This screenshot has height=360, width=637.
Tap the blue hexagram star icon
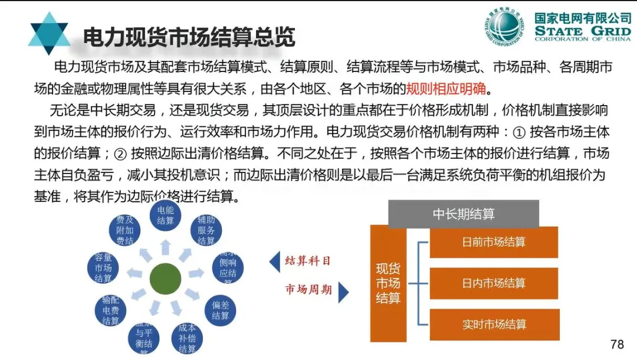pos(48,34)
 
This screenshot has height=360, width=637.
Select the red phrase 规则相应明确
pos(446,89)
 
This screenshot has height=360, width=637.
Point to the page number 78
pos(617,344)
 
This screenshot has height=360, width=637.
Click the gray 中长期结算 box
pos(464,214)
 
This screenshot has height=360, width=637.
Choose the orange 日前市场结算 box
pos(494,242)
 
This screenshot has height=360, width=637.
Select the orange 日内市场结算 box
pos(494,283)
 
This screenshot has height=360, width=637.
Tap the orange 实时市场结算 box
pos(494,325)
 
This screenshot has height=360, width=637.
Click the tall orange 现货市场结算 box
pos(388,283)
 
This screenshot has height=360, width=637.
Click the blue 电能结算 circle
pos(166,216)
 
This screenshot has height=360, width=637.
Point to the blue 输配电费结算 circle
pos(110,310)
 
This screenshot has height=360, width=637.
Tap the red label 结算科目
pos(307,261)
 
